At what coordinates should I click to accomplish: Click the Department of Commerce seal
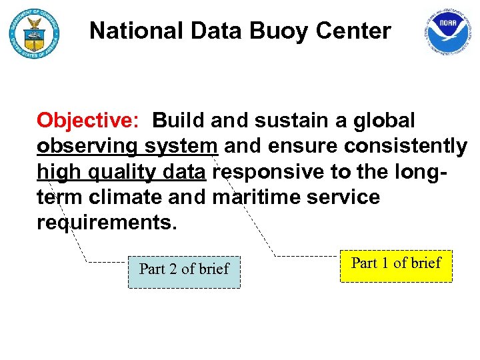33,34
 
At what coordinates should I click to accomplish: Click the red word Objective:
87,121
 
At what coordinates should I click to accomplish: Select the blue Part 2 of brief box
184,269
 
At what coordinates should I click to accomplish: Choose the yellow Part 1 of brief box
396,263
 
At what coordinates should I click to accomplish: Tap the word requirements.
107,223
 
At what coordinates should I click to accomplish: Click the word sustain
292,121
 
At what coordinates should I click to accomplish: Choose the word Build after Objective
177,121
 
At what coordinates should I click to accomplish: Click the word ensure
306,147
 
